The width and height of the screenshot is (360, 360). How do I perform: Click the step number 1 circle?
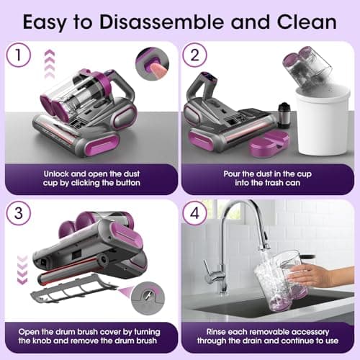tap(22, 55)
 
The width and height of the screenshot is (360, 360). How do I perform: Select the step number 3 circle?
tap(22, 214)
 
